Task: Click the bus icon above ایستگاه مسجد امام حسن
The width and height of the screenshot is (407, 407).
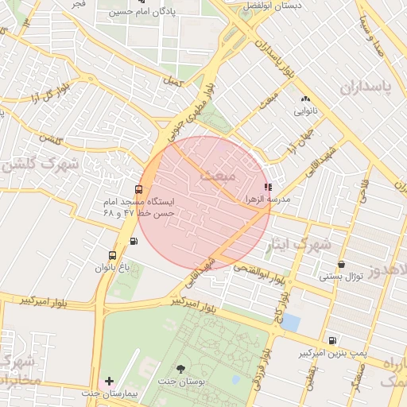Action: point(139,189)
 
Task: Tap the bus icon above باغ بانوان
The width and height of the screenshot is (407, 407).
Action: point(111,256)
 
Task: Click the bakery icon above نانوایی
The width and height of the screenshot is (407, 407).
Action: point(305,99)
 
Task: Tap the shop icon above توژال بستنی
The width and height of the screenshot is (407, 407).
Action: point(341,265)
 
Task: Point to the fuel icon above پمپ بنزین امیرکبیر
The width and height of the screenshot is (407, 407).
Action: point(331,340)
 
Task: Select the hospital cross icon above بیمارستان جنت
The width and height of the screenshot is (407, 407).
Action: point(109,382)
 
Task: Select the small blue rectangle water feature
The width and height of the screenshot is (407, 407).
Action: point(291,323)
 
